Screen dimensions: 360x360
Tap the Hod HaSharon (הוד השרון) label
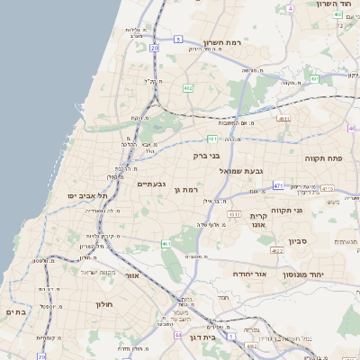pyautogui.click(x=334, y=4)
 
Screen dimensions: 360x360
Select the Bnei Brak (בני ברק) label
pyautogui.click(x=206, y=155)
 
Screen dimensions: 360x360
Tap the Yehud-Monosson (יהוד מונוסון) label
pyautogui.click(x=309, y=274)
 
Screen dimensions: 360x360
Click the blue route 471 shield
pyautogui.click(x=278, y=185)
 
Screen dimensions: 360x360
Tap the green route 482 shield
pyautogui.click(x=188, y=87)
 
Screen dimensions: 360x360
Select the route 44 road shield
pyautogui.click(x=178, y=334)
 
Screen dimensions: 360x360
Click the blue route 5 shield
pyautogui.click(x=178, y=38)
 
